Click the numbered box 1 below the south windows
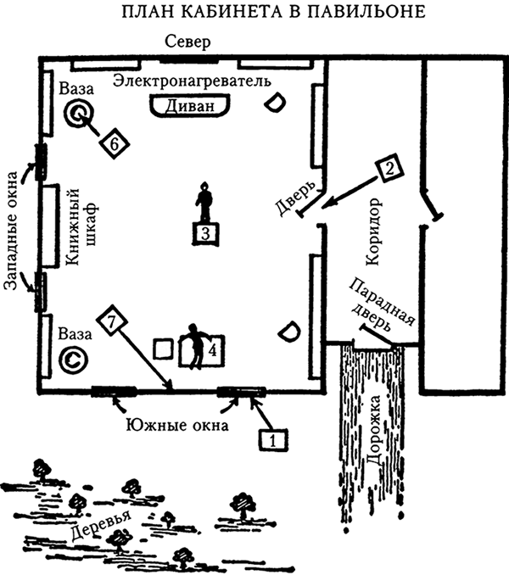[272, 440]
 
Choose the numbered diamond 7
[112, 321]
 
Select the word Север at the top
[187, 43]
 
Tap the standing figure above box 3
[204, 202]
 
